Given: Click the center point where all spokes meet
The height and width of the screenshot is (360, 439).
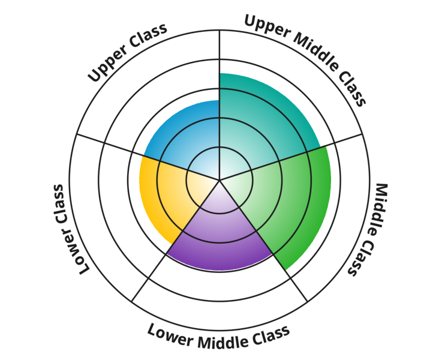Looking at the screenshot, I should point(220,179).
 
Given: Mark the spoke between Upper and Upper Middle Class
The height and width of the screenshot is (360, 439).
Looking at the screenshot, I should point(220,60).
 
